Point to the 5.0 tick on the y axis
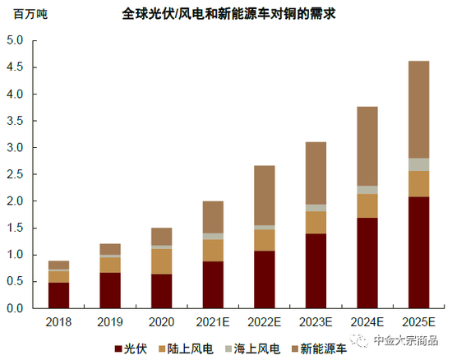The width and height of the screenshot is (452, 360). coord(15,41)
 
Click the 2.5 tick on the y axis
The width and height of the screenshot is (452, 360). coord(15,174)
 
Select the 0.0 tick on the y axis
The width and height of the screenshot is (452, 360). coord(15,308)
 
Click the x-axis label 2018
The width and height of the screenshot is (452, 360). coord(58,322)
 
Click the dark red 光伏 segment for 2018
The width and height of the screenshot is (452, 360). coord(58,295)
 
